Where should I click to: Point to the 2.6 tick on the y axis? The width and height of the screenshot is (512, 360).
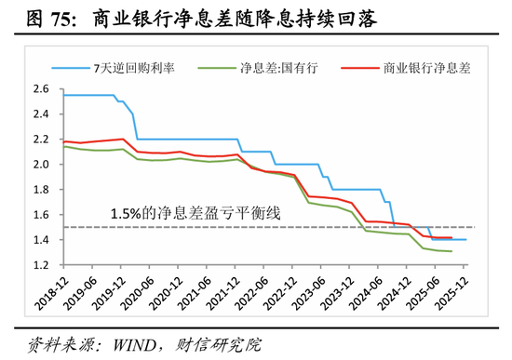[x=41, y=89]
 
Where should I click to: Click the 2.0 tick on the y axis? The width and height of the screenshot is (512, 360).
[x=41, y=165]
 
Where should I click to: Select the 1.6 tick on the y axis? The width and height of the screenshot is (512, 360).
[x=41, y=215]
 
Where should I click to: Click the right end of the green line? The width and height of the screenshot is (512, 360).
[x=452, y=251]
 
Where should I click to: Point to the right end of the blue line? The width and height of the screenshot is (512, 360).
[x=466, y=240]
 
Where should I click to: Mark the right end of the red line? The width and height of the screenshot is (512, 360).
[x=452, y=237]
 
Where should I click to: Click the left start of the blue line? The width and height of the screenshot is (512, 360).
[x=61, y=95]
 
